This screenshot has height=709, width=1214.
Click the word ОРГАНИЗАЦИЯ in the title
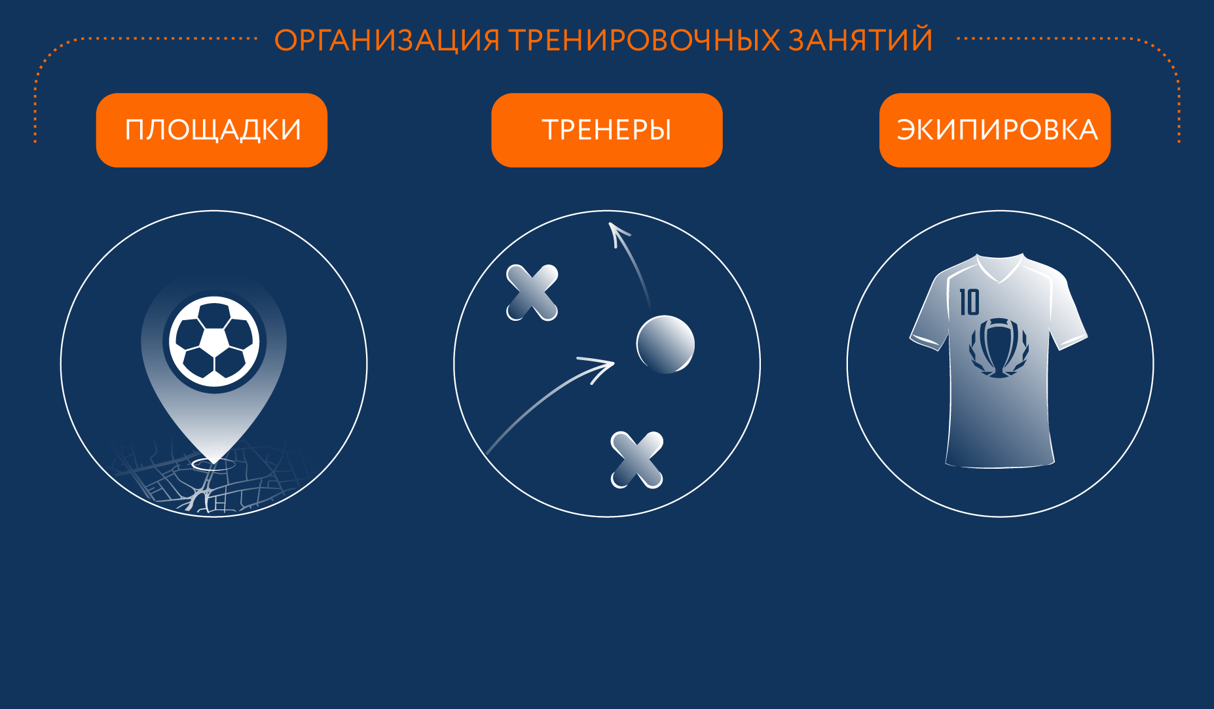pos(386,40)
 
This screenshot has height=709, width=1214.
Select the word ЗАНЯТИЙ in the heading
pos(860,40)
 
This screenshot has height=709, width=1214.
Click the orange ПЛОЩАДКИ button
pos(212,130)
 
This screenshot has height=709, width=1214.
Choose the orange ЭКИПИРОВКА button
pos(995,130)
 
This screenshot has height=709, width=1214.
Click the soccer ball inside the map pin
pos(214,341)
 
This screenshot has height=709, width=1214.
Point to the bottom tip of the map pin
pos(214,461)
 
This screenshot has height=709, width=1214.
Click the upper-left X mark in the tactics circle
pos(532,293)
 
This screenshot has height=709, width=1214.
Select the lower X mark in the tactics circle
pos(636,460)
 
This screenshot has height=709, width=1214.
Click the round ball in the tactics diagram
pos(665,344)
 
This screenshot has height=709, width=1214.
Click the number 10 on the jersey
pos(969,302)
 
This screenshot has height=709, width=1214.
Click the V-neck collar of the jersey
pos(999,271)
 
